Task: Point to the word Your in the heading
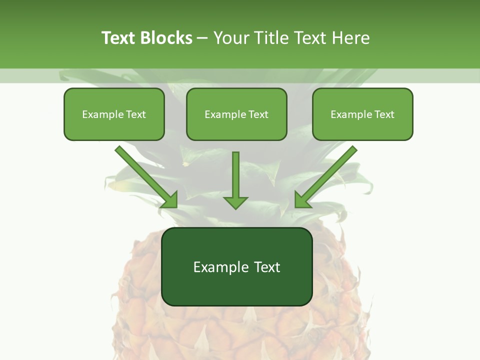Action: (231, 38)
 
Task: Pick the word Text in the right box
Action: (384, 114)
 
